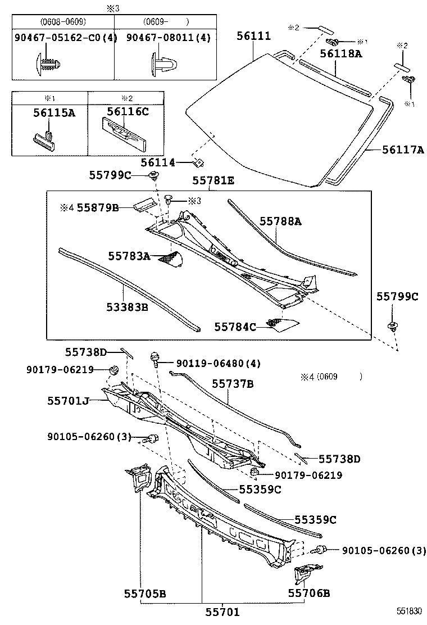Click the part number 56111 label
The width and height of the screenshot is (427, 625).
pos(253,37)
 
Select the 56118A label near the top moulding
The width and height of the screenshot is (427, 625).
pos(341,53)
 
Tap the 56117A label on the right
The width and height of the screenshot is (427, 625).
pos(403,150)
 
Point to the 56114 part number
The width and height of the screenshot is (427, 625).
pos(158,162)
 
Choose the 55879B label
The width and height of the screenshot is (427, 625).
pos(97,207)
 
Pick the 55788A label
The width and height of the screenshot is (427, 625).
pos(280,221)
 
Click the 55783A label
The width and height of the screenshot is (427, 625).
pos(129,256)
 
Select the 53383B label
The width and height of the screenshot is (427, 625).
pos(127,307)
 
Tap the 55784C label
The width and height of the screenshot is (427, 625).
pos(235,327)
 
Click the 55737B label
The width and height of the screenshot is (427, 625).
pos(233,384)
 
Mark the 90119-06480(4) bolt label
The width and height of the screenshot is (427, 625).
pos(214,364)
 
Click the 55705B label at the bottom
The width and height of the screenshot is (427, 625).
pos(145,593)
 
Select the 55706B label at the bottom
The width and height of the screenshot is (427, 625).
pos(309,593)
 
